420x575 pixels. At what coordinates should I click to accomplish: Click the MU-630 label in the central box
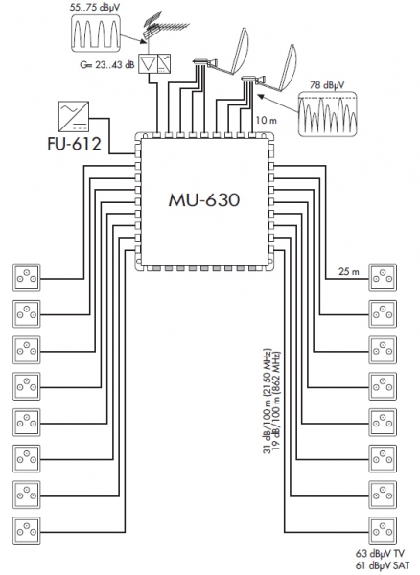click(x=204, y=200)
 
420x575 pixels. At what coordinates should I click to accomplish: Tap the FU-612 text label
click(x=74, y=144)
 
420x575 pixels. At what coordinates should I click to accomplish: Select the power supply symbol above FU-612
click(x=74, y=117)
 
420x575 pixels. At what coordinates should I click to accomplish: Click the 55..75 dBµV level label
click(x=94, y=8)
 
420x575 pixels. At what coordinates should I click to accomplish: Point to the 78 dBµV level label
click(x=327, y=85)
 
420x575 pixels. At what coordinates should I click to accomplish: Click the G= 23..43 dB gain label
click(x=107, y=65)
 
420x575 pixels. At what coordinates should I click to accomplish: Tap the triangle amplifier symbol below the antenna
click(x=148, y=63)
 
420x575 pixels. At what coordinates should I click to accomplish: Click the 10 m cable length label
click(x=267, y=120)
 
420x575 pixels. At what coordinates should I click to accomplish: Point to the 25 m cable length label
click(x=349, y=272)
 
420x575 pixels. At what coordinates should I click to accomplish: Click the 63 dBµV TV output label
click(x=380, y=553)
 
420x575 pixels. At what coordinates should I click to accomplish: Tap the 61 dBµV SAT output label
click(x=383, y=565)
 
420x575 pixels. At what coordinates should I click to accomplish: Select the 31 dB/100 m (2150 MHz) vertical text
click(x=268, y=401)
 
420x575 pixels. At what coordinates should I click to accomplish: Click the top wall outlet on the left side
click(x=27, y=278)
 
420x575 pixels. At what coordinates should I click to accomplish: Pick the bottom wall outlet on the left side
click(x=27, y=531)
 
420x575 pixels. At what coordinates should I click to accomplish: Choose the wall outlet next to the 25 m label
click(x=383, y=278)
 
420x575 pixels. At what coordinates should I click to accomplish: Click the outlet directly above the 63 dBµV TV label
click(x=383, y=531)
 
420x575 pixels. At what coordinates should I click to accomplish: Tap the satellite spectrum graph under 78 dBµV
click(x=327, y=114)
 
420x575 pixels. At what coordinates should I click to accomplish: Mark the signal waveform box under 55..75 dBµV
click(x=95, y=33)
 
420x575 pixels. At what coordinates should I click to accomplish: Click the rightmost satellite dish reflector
click(x=287, y=68)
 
